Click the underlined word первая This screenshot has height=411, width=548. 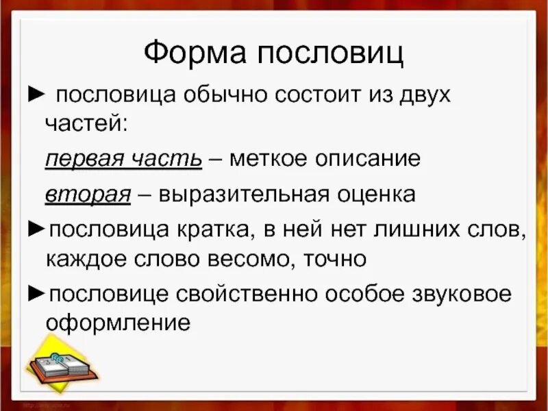pyautogui.click(x=83, y=159)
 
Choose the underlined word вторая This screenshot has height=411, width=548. pyautogui.click(x=88, y=194)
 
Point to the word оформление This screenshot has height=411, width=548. pyautogui.click(x=117, y=323)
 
